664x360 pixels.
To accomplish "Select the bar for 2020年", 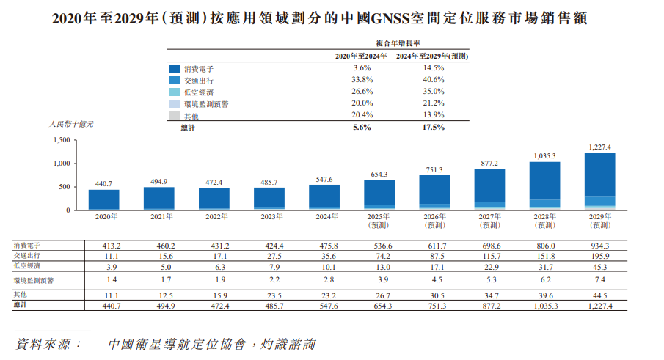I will (103, 199).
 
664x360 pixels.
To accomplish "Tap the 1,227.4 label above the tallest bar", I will (599, 147).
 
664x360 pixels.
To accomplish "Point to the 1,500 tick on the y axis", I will (62, 140).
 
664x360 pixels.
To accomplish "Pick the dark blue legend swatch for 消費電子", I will (175, 67).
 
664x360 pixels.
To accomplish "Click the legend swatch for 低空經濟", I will (175, 92).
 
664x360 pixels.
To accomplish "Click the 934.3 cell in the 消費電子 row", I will (599, 246).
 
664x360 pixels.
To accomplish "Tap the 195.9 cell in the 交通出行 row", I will (599, 256).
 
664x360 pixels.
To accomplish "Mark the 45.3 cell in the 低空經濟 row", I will (599, 266).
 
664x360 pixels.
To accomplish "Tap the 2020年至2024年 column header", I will (360, 56).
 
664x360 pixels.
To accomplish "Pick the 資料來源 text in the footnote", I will (48, 343).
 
